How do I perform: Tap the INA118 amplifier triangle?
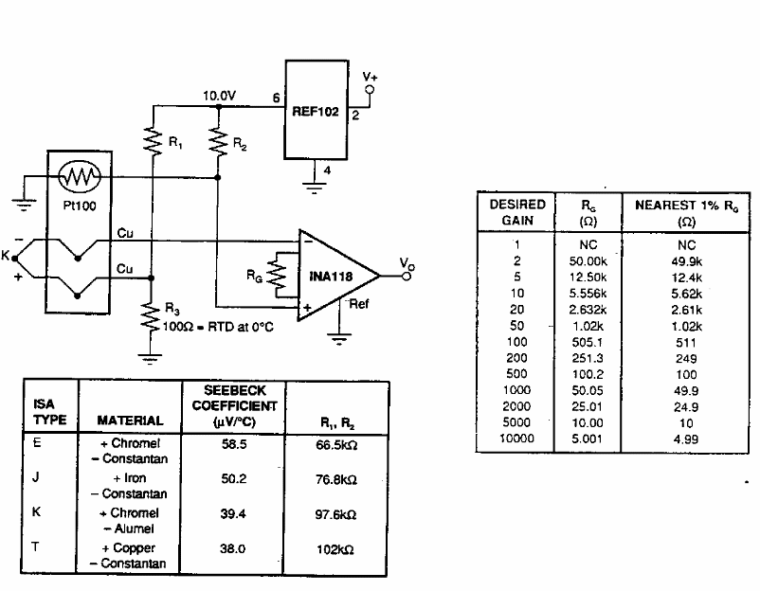(336, 276)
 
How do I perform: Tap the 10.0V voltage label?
(220, 96)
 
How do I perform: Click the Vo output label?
(406, 263)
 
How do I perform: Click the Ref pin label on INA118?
(359, 304)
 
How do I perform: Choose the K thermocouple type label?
(35, 512)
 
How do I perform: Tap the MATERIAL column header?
(130, 421)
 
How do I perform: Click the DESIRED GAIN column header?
(516, 211)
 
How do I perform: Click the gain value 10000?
(516, 439)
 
